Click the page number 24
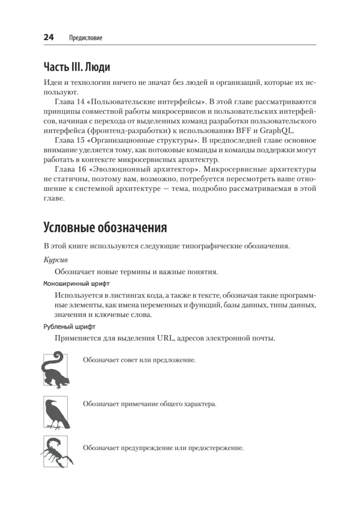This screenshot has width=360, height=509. coord(48,37)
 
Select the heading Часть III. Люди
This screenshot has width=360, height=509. coord(77,67)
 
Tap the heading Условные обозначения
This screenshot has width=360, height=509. coord(105,228)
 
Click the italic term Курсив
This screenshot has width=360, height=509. coord(56,259)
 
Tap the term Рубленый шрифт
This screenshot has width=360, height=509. coord(70,327)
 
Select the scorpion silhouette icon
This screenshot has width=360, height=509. coord(56,452)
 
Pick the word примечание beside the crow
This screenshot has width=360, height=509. coord(144,404)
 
